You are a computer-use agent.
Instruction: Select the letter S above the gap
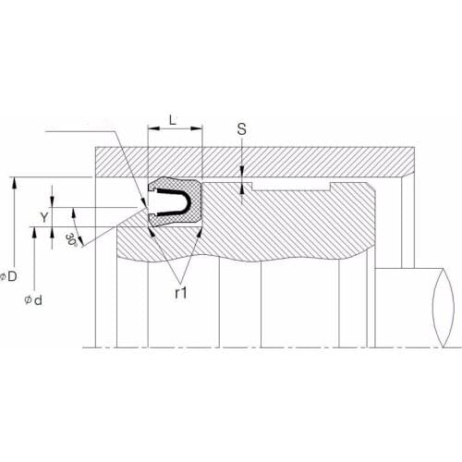coord(242,129)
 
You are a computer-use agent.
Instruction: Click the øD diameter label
coord(8,276)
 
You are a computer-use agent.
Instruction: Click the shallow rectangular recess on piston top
coord(293,188)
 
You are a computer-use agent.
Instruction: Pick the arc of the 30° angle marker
coord(81,235)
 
